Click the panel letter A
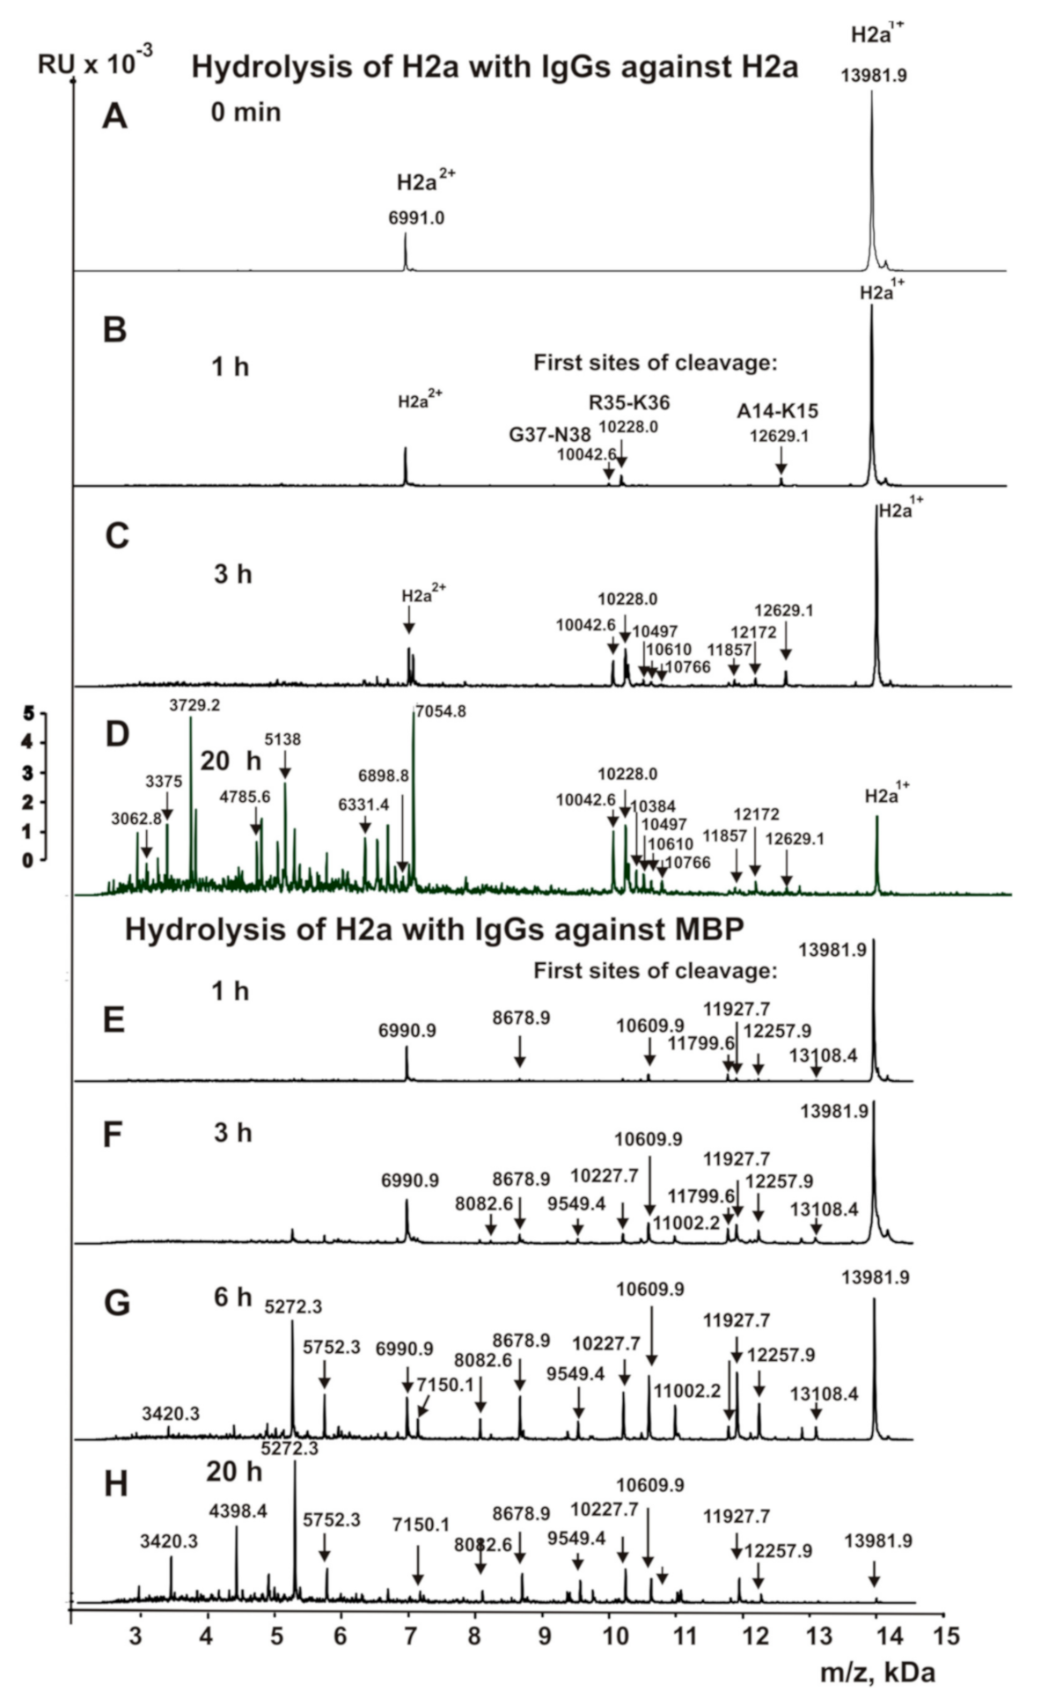[114, 116]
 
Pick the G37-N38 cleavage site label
[550, 435]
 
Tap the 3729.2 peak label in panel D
[194, 705]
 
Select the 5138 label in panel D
[282, 739]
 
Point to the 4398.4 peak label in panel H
[238, 1511]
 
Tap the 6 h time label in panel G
[231, 1297]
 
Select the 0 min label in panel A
[245, 113]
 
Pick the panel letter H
[115, 1484]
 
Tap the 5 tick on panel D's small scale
[28, 713]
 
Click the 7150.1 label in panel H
[421, 1525]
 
